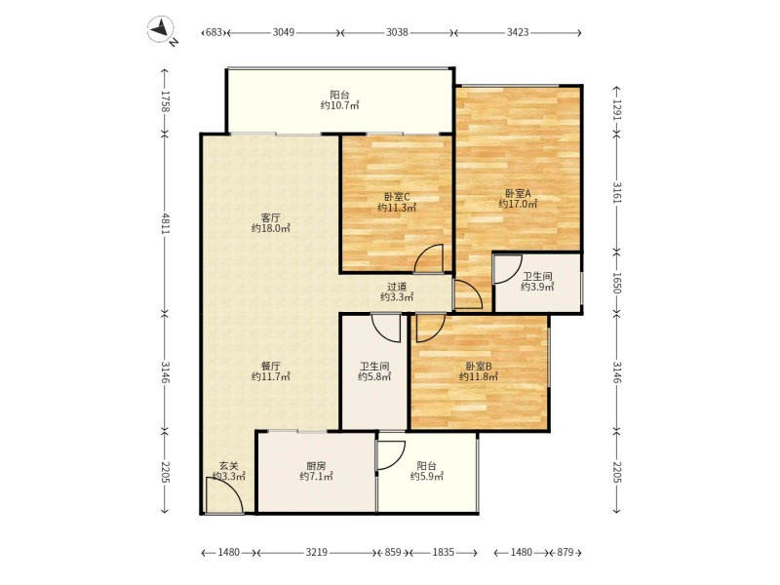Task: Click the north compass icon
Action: pos(161,29)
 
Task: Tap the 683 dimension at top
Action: pos(214,33)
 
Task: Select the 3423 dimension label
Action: pos(518,33)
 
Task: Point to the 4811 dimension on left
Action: pos(166,224)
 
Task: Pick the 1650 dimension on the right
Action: pos(617,283)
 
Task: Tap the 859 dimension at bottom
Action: pos(393,552)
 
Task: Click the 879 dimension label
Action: pos(565,552)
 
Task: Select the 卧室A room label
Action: pos(519,193)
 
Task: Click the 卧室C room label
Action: pos(397,197)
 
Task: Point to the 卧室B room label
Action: pos(479,366)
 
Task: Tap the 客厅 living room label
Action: pos(271,217)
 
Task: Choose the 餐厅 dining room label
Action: pos(271,367)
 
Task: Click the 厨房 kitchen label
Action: pos(316,466)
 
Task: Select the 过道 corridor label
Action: pos(397,287)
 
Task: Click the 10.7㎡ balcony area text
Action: pos(339,105)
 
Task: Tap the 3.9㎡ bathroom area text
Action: pos(537,287)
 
